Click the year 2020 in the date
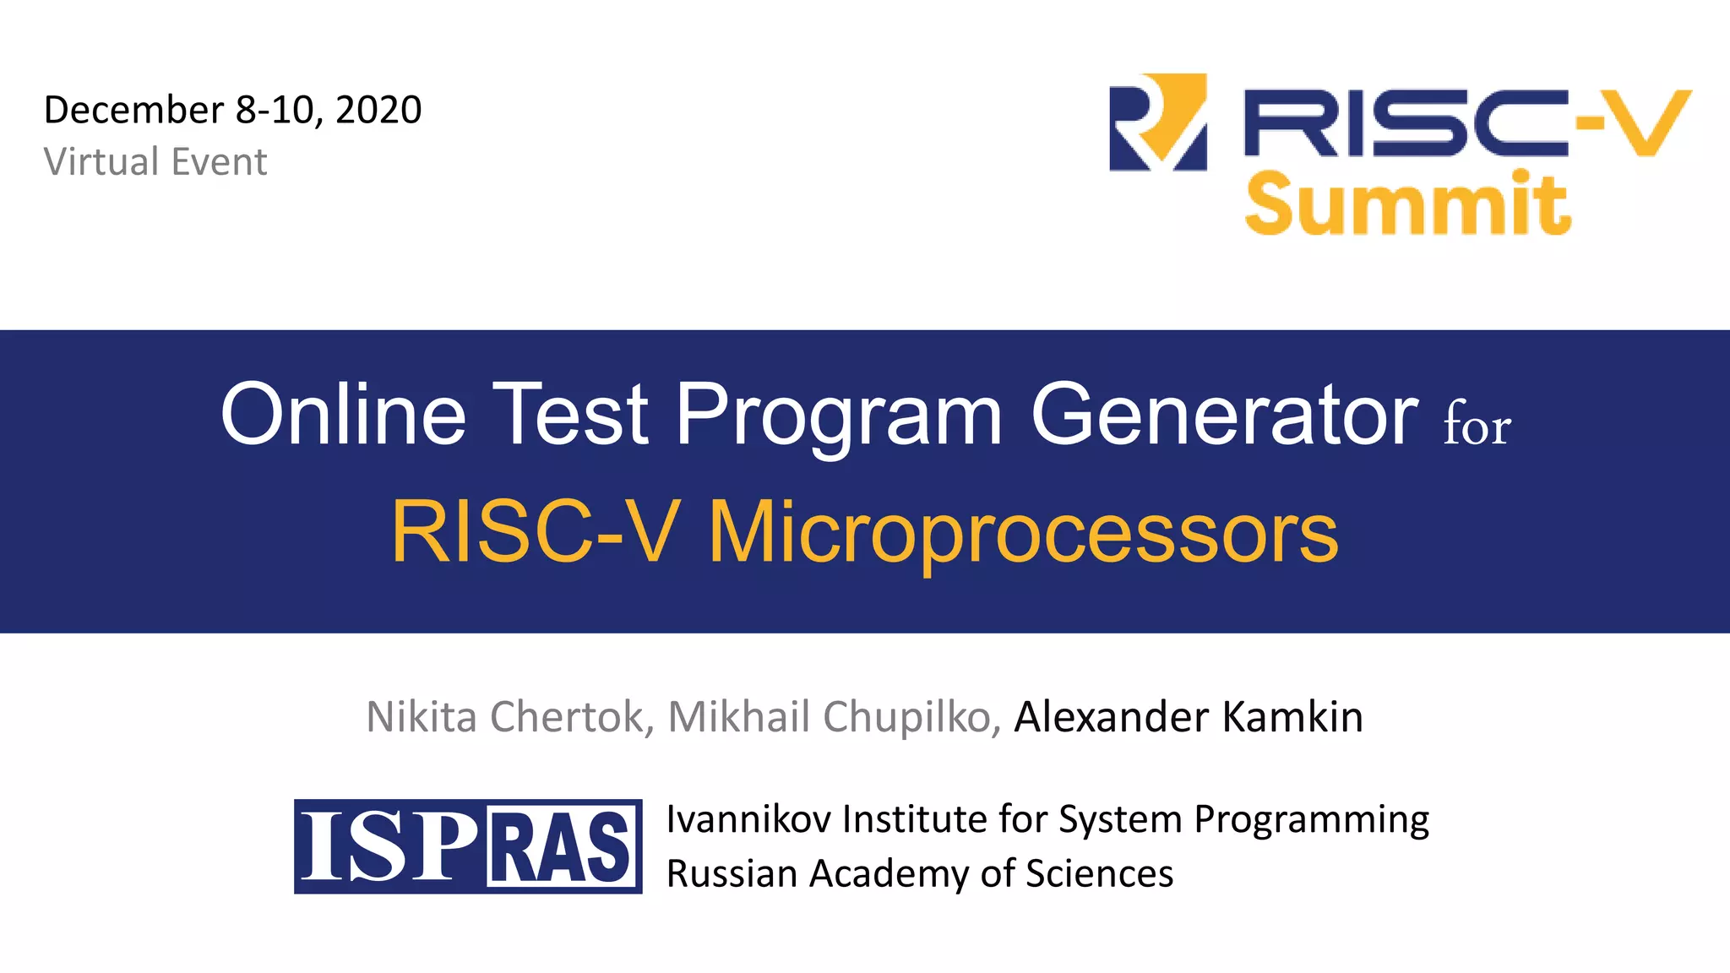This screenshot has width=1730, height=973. (x=378, y=110)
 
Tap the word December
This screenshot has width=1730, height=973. (x=133, y=110)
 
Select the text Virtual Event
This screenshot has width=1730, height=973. (x=155, y=161)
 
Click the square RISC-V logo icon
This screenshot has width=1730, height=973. (x=1157, y=122)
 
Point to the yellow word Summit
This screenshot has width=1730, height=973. (x=1407, y=204)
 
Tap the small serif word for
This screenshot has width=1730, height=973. (x=1477, y=426)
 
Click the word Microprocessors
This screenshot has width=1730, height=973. (x=1023, y=532)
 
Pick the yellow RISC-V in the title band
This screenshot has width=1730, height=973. (x=535, y=532)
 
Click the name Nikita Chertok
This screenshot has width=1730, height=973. (x=505, y=717)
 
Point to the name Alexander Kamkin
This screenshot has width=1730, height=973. (x=1188, y=717)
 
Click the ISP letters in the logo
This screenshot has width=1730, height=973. (x=388, y=846)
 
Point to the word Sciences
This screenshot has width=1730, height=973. (x=1099, y=873)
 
